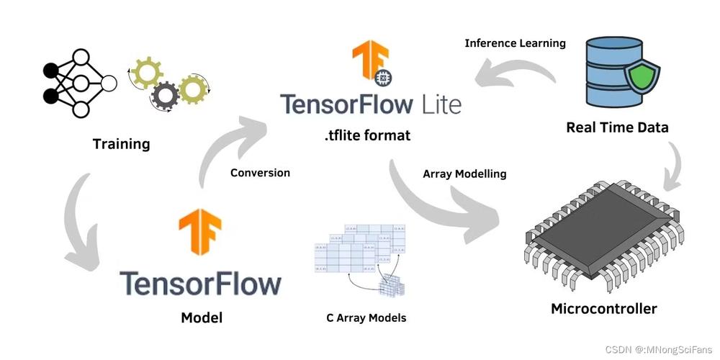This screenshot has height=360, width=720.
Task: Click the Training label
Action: point(121,144)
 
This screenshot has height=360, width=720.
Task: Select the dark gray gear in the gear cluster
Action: point(166,95)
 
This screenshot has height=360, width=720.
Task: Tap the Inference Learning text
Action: point(515,43)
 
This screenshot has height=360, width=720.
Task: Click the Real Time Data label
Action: point(617,127)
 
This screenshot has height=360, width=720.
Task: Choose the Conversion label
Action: point(260,173)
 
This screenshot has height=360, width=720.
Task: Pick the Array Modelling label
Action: point(464,174)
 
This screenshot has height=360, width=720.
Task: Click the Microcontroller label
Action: point(603,309)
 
